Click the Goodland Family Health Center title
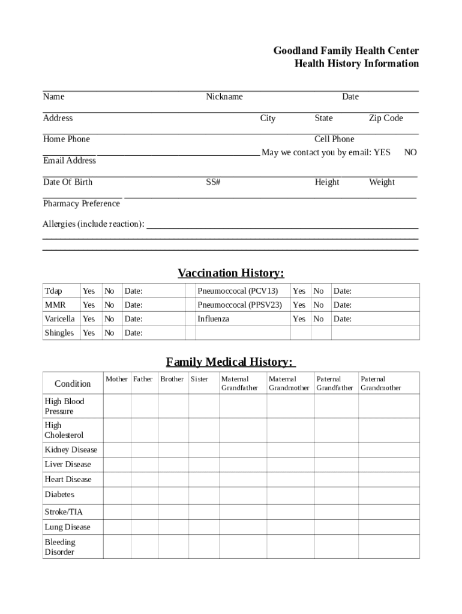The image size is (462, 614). click(346, 51)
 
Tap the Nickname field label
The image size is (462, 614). click(224, 97)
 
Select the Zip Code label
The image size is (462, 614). click(386, 118)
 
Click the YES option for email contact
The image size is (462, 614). click(382, 152)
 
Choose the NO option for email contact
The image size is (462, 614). click(410, 152)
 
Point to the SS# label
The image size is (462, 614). click(213, 182)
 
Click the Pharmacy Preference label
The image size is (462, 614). click(82, 204)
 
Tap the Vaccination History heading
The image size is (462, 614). click(230, 273)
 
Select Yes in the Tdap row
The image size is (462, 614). click(89, 291)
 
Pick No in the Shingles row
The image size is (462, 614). click(109, 333)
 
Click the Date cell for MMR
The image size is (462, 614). click(154, 305)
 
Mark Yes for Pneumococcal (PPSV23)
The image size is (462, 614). click(299, 305)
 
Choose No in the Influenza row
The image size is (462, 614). click(319, 319)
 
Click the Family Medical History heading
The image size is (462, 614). click(230, 362)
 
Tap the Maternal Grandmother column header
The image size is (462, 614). click(289, 383)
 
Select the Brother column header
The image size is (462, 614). click(172, 379)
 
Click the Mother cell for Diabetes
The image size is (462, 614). click(116, 495)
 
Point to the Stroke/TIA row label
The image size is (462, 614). click(64, 512)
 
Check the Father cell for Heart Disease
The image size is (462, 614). click(143, 479)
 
